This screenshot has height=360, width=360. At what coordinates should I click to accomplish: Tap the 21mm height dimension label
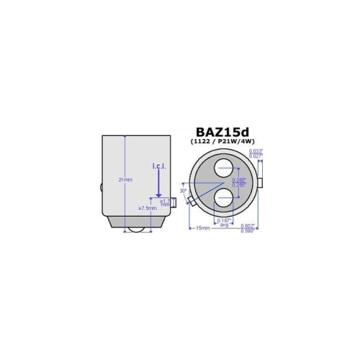click(127, 180)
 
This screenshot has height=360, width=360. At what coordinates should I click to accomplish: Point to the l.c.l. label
click(159, 167)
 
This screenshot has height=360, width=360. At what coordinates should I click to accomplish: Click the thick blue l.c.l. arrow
click(159, 184)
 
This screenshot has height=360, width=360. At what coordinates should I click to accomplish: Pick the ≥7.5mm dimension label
click(148, 208)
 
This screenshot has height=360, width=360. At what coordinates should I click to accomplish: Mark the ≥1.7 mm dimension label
click(165, 202)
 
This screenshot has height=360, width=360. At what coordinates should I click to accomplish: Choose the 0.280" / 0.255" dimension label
click(238, 183)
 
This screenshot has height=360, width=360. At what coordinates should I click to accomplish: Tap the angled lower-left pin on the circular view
click(191, 202)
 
